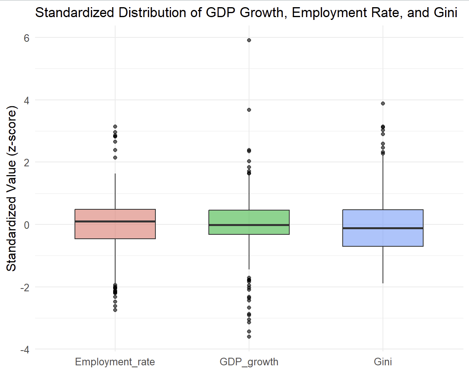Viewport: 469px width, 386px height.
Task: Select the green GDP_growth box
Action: coord(249,217)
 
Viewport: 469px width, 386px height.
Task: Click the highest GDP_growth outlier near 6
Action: coord(249,40)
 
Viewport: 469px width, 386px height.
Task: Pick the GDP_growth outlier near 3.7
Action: coord(249,110)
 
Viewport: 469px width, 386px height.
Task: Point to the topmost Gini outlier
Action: coord(383,103)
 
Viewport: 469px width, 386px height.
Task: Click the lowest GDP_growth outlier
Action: coord(249,337)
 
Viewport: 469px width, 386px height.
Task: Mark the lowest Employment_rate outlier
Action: coord(115,310)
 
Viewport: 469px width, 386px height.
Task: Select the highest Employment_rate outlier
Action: coord(115,127)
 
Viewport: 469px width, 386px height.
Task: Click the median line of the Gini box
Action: coord(383,228)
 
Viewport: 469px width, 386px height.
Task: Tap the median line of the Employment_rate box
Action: coord(115,221)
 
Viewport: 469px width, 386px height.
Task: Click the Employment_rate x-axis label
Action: coord(115,362)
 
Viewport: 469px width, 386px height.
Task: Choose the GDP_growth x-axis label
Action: coord(249,362)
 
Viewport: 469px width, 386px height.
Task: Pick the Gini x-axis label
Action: coord(383,362)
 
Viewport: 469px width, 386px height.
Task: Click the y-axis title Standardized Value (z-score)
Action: coord(12,189)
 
